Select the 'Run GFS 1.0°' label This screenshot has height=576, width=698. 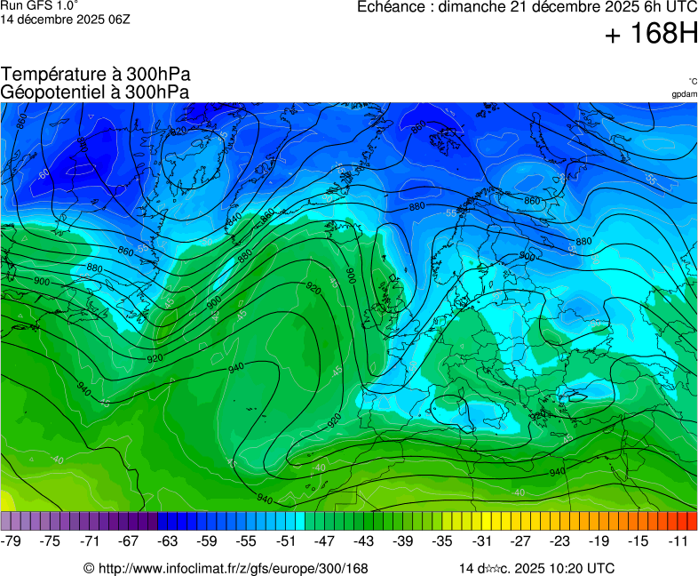click(x=39, y=5)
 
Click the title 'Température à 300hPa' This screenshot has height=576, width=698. click(x=95, y=75)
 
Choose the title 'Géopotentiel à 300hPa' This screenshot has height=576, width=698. click(x=95, y=92)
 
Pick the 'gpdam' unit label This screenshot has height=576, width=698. click(x=684, y=94)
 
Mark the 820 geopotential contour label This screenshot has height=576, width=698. click(x=178, y=132)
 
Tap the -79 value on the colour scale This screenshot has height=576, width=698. click(x=12, y=540)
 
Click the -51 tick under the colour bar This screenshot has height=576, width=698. click(x=286, y=540)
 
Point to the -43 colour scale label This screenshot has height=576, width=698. click(x=365, y=540)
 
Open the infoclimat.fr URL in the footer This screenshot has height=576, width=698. click(x=233, y=568)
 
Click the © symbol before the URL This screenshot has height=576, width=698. click(x=89, y=568)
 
